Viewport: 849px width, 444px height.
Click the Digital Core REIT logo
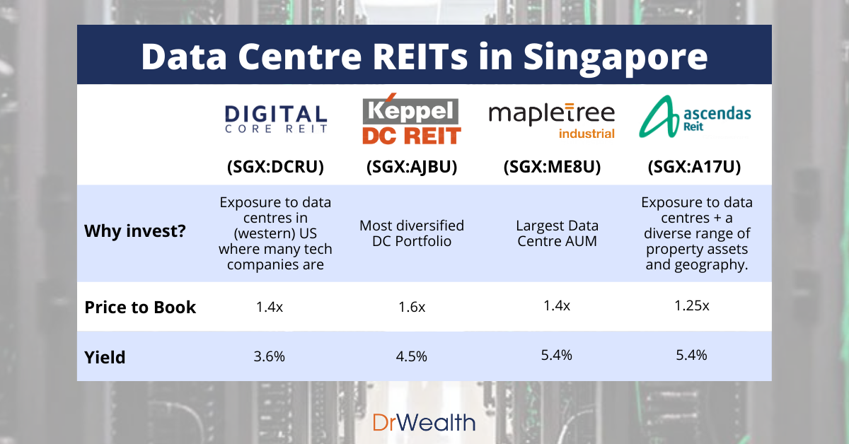(275, 119)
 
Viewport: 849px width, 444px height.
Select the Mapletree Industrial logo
(552, 120)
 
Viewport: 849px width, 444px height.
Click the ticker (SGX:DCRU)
(275, 168)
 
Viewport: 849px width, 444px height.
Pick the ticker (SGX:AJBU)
(412, 168)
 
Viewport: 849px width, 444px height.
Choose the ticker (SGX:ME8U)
(550, 168)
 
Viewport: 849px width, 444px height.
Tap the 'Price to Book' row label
(140, 308)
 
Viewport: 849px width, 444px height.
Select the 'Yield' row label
(105, 357)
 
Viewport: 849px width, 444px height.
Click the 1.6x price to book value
(412, 308)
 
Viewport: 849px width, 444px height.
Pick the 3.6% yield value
(270, 356)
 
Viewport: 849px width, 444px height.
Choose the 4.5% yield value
(412, 356)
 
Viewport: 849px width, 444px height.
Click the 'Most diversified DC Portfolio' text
(412, 234)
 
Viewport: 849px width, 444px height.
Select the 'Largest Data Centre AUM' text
(556, 234)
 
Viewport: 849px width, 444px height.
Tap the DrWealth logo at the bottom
(424, 423)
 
